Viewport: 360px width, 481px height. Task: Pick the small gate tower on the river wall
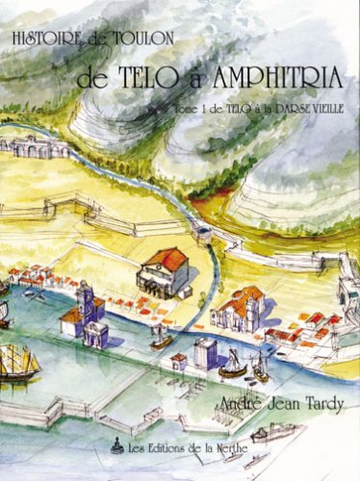tap(203, 231)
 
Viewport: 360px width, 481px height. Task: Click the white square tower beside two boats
tap(205, 353)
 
